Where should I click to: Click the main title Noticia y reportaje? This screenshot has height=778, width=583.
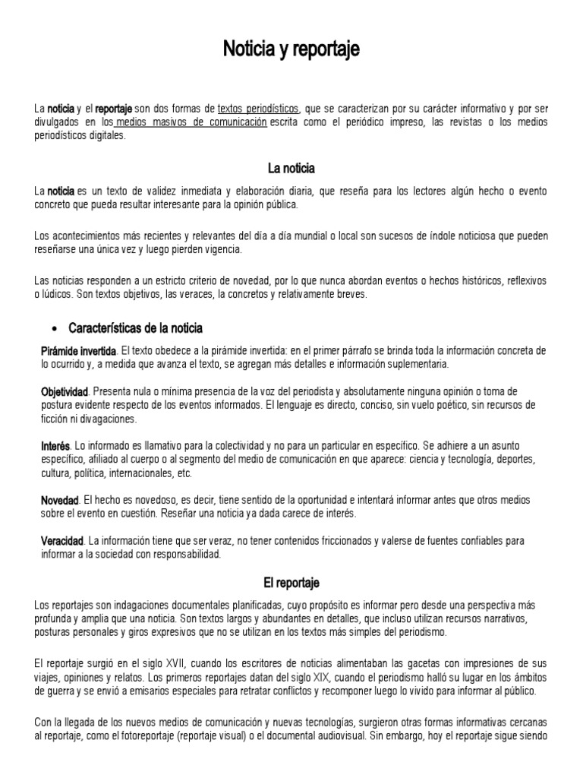(x=291, y=50)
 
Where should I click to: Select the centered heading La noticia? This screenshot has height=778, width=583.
(x=291, y=168)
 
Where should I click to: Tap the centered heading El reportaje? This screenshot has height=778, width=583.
(x=291, y=583)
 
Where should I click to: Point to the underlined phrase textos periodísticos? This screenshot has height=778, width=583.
(x=258, y=109)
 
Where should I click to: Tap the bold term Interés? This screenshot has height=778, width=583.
(x=55, y=445)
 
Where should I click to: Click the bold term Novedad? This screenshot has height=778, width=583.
(x=59, y=500)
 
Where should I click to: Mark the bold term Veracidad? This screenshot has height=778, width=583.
(x=61, y=541)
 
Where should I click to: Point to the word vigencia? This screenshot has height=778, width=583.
(x=222, y=249)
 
